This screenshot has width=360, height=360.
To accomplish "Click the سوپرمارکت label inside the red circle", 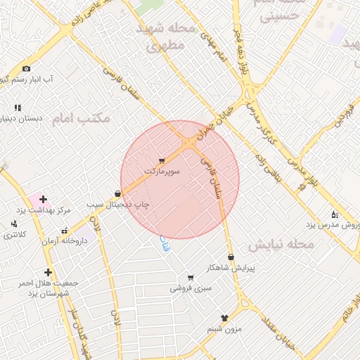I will pyautogui.click(x=162, y=171).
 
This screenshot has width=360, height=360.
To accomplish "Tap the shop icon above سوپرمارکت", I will pyautogui.click(x=162, y=161).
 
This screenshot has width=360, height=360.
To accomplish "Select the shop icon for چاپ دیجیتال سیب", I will pyautogui.click(x=117, y=193).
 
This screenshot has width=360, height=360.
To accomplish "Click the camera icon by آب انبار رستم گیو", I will pyautogui.click(x=26, y=68).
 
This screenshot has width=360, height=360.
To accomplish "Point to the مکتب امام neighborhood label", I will pyautogui.click(x=80, y=118).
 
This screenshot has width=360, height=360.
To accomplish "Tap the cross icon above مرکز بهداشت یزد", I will pyautogui.click(x=44, y=200).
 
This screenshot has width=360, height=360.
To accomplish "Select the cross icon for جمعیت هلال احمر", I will pyautogui.click(x=48, y=272).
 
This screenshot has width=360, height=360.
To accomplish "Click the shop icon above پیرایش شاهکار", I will pyautogui.click(x=231, y=257).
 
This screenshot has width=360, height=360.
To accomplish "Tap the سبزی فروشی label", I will pyautogui.click(x=190, y=288).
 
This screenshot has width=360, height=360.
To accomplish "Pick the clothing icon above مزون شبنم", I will pyautogui.click(x=225, y=318).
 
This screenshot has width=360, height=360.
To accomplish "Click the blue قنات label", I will pyautogui.click(x=165, y=244).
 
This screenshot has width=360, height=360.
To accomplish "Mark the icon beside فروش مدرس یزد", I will pyautogui.click(x=335, y=214).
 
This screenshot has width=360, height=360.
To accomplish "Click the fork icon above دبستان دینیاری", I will pyautogui.click(x=18, y=108).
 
